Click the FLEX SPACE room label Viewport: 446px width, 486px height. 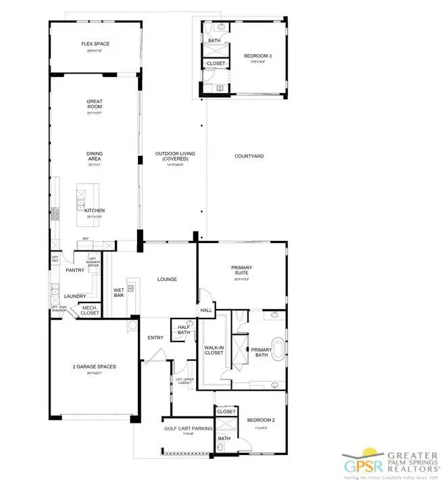[x=95, y=44]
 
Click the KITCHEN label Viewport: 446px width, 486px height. [x=95, y=211]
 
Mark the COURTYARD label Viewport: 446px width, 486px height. [x=249, y=156]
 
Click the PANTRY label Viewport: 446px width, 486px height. [x=74, y=270]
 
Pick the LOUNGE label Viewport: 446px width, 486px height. [x=167, y=278]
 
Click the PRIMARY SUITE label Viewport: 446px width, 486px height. [x=241, y=270]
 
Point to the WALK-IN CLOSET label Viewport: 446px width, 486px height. [x=214, y=350]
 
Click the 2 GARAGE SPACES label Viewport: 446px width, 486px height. [x=95, y=367]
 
